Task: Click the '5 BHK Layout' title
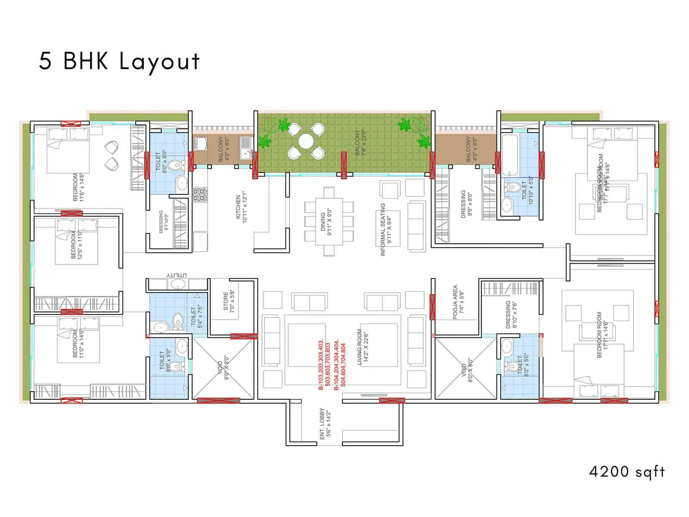tap(119, 61)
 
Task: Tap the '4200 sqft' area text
tap(627, 471)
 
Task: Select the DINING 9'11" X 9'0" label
tap(326, 222)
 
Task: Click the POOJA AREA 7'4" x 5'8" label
tap(459, 302)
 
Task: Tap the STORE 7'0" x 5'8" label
tap(229, 301)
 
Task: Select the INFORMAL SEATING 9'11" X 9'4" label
tap(386, 230)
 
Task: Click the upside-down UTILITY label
tap(177, 275)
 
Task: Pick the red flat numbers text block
tap(332, 364)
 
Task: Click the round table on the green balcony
tap(306, 141)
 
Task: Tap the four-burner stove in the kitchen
tap(199, 195)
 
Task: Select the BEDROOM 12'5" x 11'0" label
tap(76, 245)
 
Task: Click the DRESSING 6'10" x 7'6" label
tap(511, 315)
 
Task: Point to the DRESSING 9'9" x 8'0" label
tap(466, 204)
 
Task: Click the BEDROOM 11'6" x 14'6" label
tap(78, 187)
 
